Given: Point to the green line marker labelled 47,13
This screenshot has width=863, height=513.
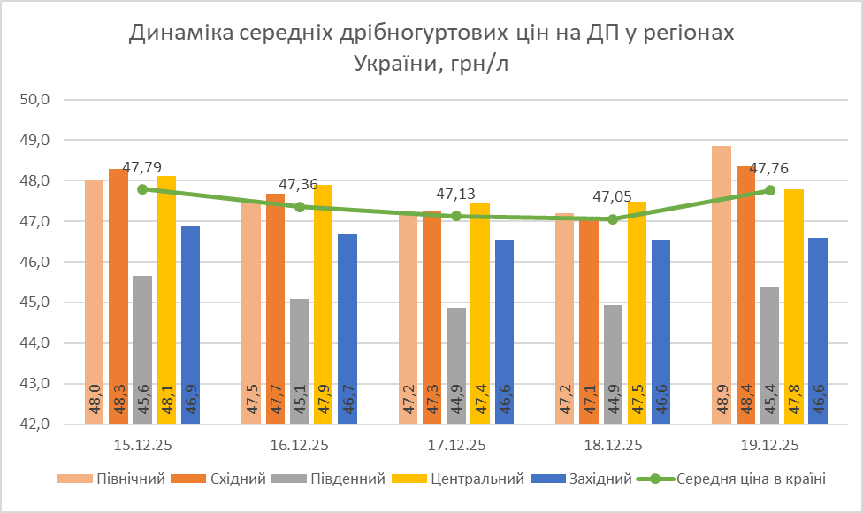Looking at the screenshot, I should pyautogui.click(x=456, y=216).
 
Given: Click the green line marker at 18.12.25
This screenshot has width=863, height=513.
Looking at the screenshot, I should pyautogui.click(x=613, y=219).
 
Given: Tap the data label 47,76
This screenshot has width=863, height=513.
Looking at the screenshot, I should pyautogui.click(x=769, y=169).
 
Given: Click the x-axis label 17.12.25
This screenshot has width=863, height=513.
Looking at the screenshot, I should pyautogui.click(x=456, y=445).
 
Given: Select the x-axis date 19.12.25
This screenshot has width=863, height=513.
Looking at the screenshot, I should pyautogui.click(x=769, y=445).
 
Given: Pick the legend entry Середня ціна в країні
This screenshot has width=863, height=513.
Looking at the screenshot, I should pyautogui.click(x=751, y=479).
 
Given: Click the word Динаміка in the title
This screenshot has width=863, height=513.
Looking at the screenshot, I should pyautogui.click(x=185, y=34).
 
